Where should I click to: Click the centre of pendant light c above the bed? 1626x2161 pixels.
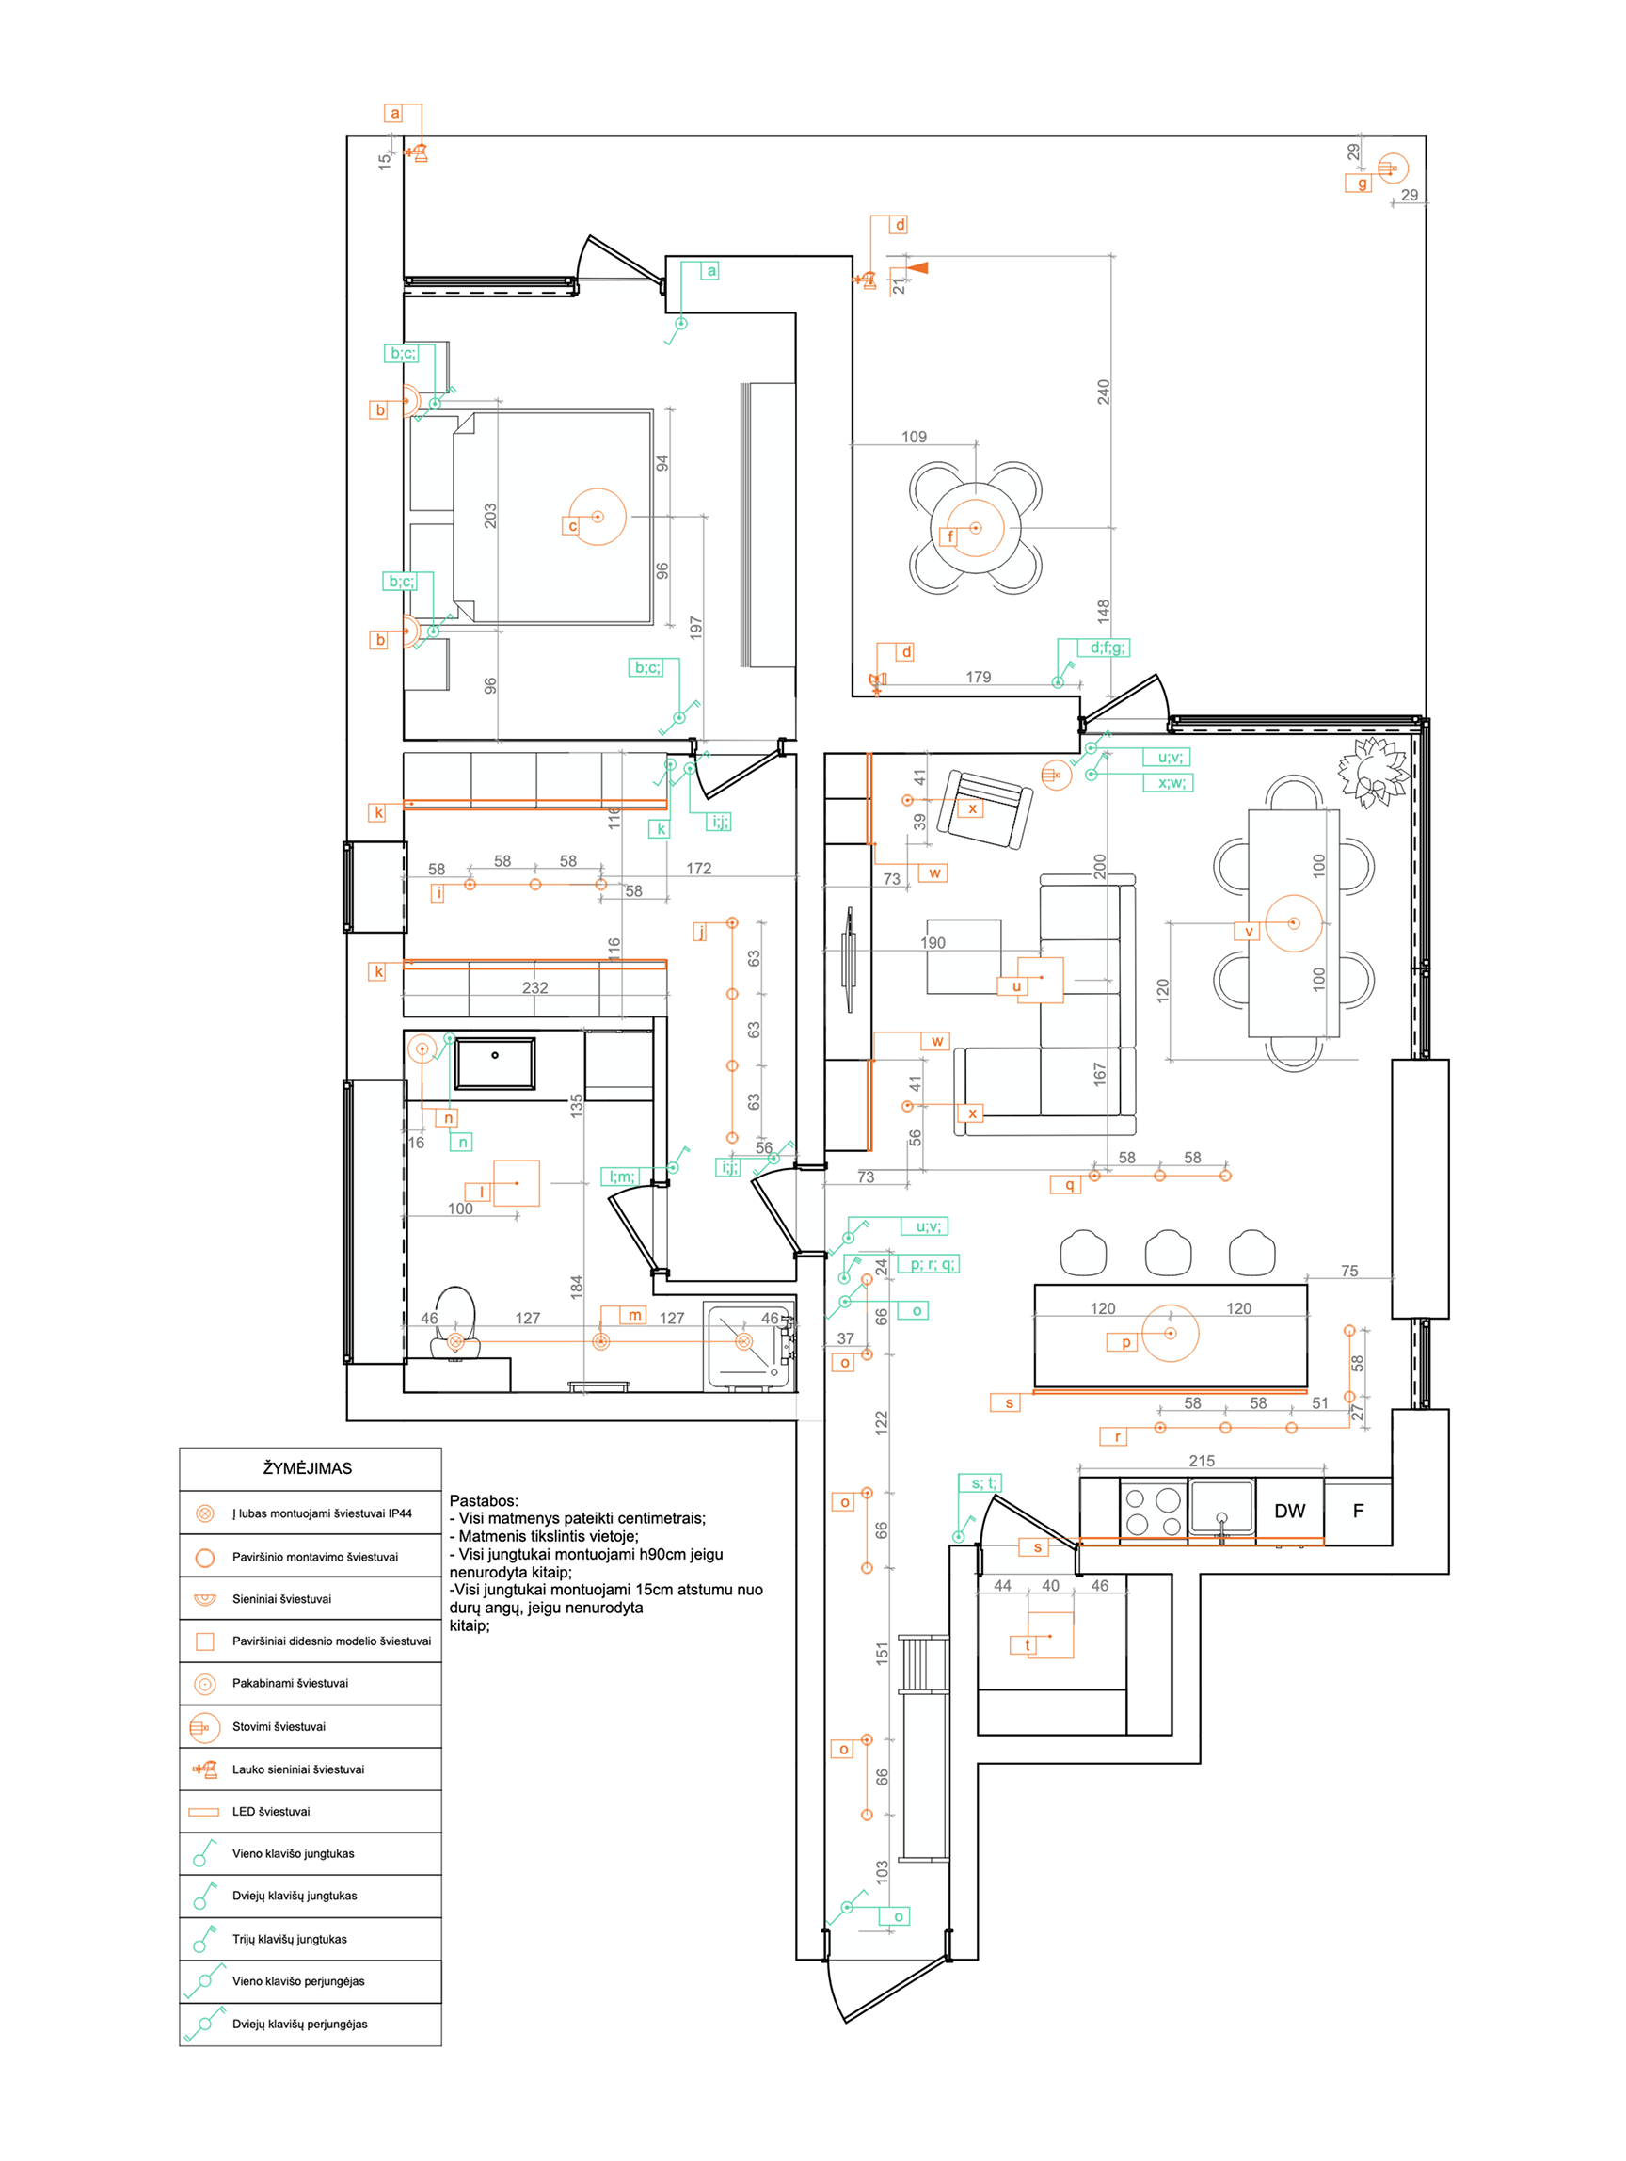tap(598, 517)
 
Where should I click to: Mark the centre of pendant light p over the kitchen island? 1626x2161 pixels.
tap(1170, 1334)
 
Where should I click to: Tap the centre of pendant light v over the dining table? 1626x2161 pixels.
tap(1294, 923)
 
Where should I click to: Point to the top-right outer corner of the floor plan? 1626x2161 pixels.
tap(1426, 136)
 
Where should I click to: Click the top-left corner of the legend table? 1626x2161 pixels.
tap(180, 1448)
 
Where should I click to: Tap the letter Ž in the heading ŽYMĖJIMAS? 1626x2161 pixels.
tap(268, 1467)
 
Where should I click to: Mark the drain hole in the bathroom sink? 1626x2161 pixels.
tap(495, 1055)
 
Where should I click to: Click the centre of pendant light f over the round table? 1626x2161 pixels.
tap(976, 529)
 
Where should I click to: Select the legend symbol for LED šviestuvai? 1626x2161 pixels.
tap(204, 1811)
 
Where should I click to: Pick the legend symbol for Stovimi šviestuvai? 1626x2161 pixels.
tap(204, 1727)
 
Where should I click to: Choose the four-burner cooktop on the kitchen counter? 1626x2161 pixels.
tap(1154, 1512)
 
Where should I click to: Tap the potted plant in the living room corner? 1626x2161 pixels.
tap(1373, 772)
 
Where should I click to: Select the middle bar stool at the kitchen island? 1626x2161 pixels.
tap(1168, 1253)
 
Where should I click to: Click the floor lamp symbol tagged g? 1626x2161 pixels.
tap(1393, 169)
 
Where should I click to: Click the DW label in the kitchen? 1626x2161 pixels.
tap(1289, 1511)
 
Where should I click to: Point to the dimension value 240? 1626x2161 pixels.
tap(1104, 392)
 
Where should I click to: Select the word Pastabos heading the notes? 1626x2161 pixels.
tap(484, 1500)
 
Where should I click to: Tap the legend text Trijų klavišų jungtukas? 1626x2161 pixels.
tap(289, 1939)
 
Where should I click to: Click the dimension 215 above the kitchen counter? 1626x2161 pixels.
tap(1203, 1461)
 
